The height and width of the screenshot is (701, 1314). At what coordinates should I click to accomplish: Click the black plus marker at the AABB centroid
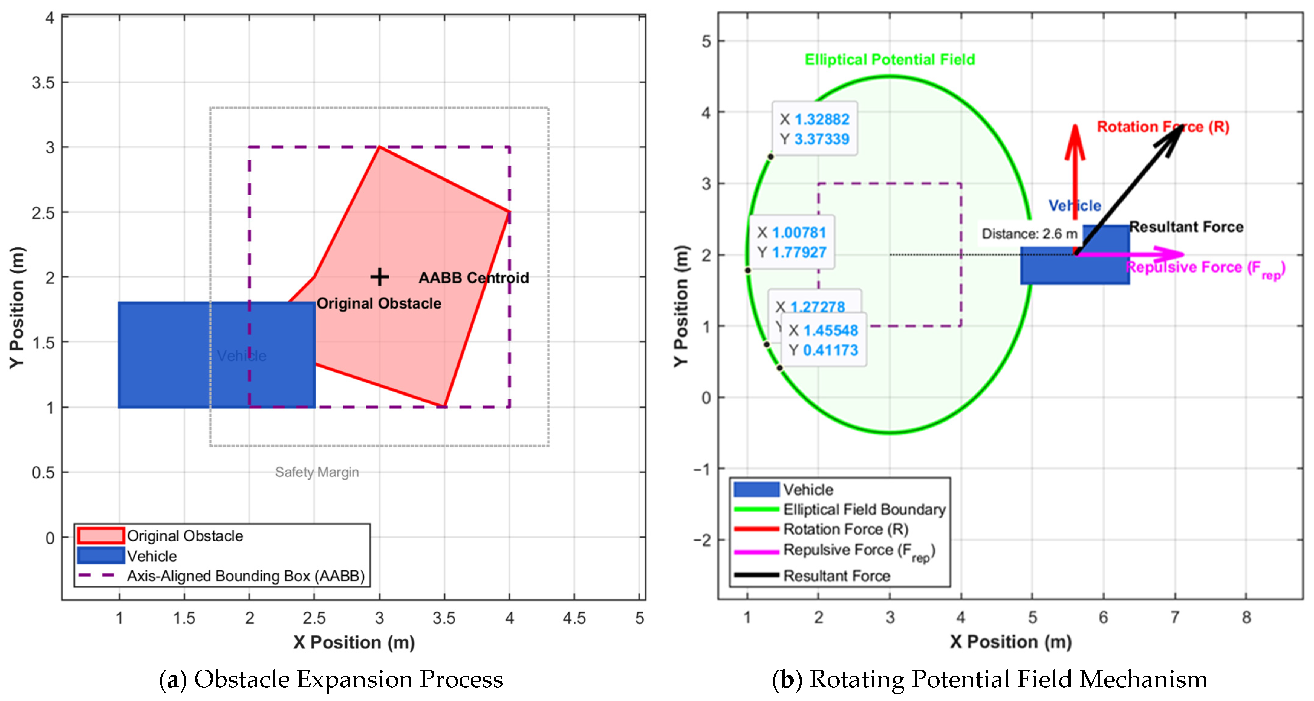[379, 277]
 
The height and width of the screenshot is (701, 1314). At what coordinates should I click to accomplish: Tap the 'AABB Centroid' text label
[473, 278]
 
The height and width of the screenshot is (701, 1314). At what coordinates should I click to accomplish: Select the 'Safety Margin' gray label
[317, 472]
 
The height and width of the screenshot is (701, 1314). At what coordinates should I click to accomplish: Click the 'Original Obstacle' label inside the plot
[379, 303]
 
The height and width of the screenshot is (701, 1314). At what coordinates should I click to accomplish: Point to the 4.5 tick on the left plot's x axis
[574, 618]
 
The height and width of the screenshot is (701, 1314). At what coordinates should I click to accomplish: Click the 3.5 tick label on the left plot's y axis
[43, 82]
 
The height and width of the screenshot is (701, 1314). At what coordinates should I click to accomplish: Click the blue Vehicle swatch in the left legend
[101, 555]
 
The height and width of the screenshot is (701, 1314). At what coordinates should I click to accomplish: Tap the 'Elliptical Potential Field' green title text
[890, 60]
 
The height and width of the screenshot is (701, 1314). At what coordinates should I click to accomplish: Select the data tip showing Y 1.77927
[792, 242]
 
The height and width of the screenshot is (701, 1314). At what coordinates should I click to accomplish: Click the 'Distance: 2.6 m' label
[1029, 234]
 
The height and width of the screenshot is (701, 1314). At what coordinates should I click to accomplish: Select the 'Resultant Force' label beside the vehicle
[1186, 227]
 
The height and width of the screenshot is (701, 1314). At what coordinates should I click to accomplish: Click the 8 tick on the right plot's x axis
[1246, 617]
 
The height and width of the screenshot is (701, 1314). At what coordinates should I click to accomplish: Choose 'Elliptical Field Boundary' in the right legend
[864, 509]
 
